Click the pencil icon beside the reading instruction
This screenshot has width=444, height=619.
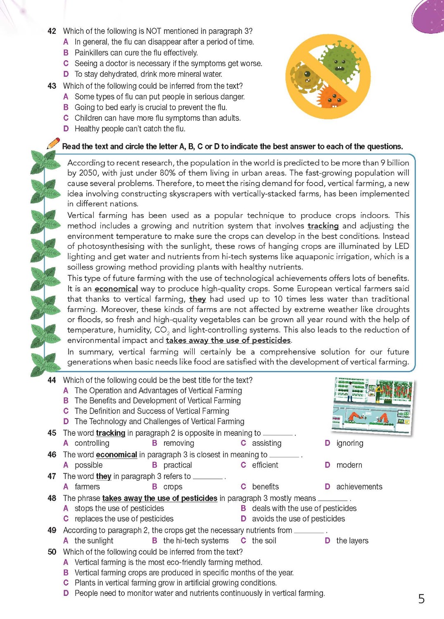coord(53,143)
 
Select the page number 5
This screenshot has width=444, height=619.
coord(421,599)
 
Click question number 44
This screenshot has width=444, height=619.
coord(52,380)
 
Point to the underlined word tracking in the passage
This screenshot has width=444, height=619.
coord(323,226)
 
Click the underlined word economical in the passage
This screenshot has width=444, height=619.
coord(116,288)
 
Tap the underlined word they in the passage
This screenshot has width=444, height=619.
coord(197,299)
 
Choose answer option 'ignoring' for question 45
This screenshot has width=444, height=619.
coord(350,443)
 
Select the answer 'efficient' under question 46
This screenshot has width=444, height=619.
coord(265,465)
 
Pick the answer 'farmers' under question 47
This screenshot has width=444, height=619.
coord(87,487)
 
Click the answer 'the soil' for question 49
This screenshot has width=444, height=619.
coord(264,541)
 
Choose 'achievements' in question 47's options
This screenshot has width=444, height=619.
coord(359,487)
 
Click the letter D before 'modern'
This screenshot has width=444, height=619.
coord(328,465)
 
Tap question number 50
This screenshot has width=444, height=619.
coord(52,552)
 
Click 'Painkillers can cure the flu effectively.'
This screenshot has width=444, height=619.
coord(136,53)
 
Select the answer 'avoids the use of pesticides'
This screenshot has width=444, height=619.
coord(298,519)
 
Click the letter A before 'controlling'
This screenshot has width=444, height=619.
coord(66,443)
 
